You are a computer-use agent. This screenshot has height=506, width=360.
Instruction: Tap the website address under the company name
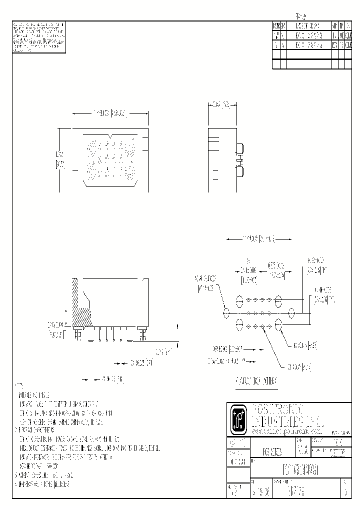(285, 430)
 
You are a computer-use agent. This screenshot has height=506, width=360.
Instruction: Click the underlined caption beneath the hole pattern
(256, 381)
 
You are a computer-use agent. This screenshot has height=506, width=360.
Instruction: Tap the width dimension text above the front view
(110, 113)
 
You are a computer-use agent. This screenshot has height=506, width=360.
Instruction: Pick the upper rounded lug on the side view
(240, 148)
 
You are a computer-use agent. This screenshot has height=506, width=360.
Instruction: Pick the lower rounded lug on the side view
(240, 172)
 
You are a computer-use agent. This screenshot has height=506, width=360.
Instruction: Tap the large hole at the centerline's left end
(226, 313)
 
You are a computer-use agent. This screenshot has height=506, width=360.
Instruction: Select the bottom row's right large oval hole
(278, 325)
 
